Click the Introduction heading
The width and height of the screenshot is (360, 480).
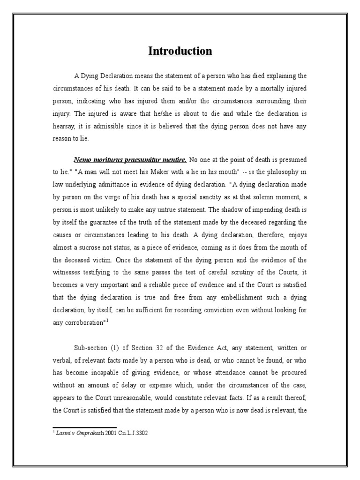tap(180, 51)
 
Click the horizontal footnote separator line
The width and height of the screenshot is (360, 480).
tap(84, 427)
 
